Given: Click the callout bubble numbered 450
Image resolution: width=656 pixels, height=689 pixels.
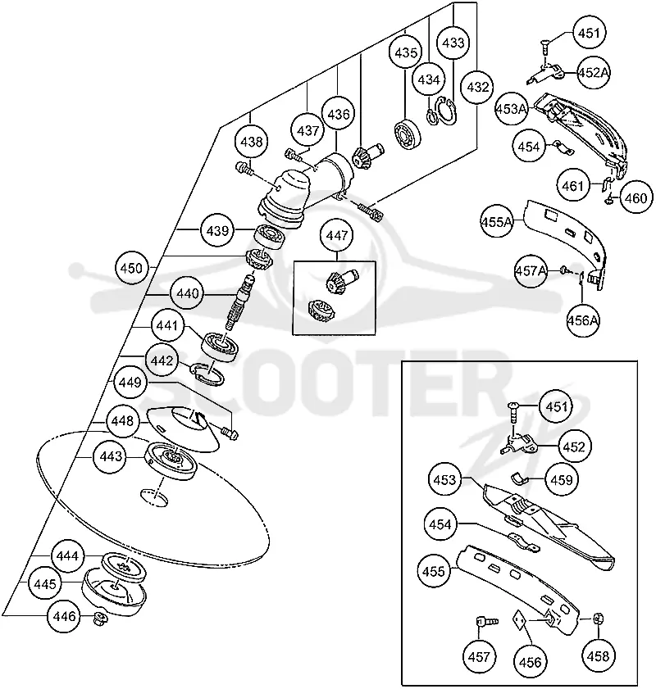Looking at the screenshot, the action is (131, 268).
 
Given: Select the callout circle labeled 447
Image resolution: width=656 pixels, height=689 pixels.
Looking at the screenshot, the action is (337, 235).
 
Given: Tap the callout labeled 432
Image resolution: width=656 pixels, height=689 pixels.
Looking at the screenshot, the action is (477, 87).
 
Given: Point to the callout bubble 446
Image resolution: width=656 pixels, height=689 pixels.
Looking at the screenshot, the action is (64, 616).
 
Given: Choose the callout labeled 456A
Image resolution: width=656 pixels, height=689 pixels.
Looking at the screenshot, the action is (582, 320).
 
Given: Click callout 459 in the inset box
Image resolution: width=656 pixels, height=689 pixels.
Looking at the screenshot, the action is (562, 479).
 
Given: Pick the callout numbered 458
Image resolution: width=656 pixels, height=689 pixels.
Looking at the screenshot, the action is (598, 656).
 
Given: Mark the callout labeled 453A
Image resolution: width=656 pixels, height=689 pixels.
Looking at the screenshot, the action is (511, 108).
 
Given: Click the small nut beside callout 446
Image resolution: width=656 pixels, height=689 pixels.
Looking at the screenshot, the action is (100, 619).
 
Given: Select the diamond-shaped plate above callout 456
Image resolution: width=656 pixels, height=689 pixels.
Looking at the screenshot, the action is (520, 619).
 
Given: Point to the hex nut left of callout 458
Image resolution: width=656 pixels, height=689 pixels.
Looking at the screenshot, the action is (598, 619).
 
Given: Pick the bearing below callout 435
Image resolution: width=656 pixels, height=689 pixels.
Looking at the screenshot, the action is (408, 134).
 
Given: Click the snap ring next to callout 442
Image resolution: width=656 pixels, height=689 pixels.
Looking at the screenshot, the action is (207, 374).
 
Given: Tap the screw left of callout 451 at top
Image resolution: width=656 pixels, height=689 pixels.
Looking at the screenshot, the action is (545, 46).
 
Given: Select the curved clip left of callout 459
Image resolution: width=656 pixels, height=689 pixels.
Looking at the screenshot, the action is (520, 478).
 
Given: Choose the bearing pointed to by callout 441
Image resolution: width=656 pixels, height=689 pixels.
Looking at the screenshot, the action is (221, 346).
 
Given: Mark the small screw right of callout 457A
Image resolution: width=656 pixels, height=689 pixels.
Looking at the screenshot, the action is (564, 271).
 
